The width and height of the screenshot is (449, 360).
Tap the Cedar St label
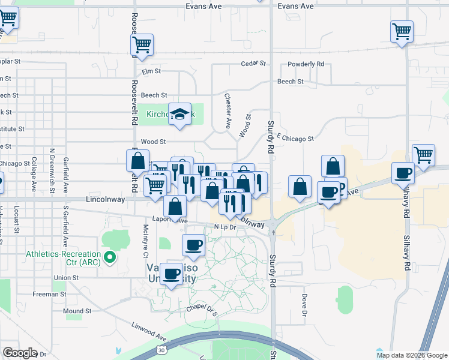[253, 63]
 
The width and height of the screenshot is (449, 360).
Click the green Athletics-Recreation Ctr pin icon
[109, 258]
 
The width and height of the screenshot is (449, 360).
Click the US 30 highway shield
[161, 349]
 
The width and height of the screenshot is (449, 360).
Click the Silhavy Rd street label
[406, 205]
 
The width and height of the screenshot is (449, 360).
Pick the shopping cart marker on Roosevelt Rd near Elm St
[142, 44]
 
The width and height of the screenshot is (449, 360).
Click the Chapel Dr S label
[200, 310]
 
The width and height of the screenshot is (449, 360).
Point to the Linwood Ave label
[149, 330]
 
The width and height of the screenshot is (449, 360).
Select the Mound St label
[77, 311]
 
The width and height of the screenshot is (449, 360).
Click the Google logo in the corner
[20, 353]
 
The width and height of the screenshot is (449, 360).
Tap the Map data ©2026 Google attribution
[412, 355]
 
